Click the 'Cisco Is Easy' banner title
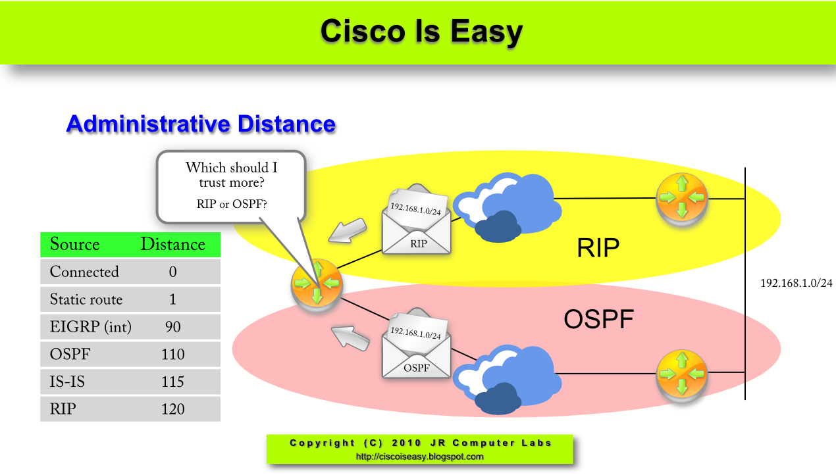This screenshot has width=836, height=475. coord(421,31)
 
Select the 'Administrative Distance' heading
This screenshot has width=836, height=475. coord(201,124)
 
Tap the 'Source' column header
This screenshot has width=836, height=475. coord(74,245)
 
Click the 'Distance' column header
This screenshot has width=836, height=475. coord(172,245)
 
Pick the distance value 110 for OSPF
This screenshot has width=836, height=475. coord(172,355)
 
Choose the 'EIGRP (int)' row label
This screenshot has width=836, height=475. coord(91,327)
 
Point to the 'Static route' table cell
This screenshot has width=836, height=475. coord(86,300)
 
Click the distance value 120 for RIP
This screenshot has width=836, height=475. coord(172,409)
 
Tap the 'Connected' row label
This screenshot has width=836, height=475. coord(84,272)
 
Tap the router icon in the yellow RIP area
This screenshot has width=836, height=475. coord(681,197)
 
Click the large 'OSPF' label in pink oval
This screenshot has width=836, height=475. coord(598,320)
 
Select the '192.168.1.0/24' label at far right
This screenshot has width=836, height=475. coord(797,283)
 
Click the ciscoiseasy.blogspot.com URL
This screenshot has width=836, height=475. coord(420,456)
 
